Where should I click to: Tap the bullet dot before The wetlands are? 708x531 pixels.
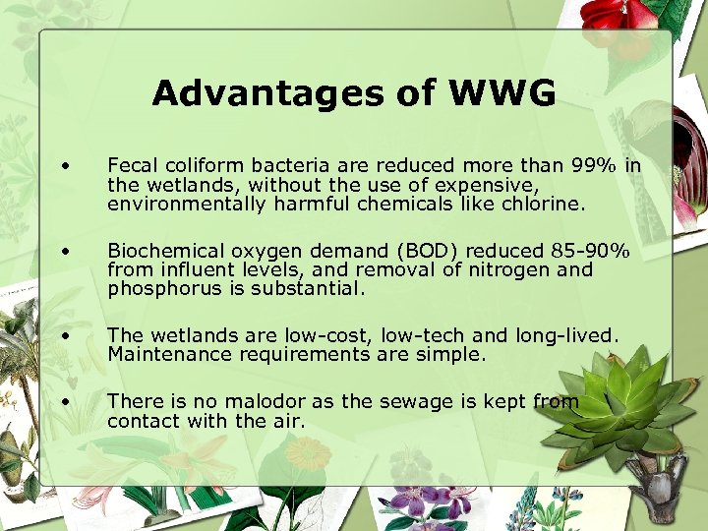[x=64, y=333]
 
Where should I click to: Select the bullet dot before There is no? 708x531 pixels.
[x=64, y=399]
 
